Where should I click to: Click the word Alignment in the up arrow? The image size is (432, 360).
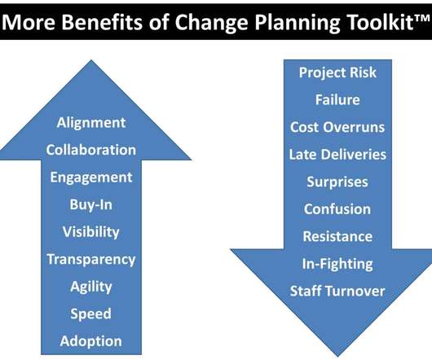pyautogui.click(x=91, y=123)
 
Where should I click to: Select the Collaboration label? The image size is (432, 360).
pyautogui.click(x=91, y=150)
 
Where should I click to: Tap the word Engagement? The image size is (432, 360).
pyautogui.click(x=91, y=178)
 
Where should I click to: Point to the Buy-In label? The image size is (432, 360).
pyautogui.click(x=91, y=205)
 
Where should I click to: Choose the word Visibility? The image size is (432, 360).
pyautogui.click(x=91, y=232)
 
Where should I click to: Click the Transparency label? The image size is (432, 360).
pyautogui.click(x=91, y=260)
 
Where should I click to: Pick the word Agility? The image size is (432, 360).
pyautogui.click(x=91, y=287)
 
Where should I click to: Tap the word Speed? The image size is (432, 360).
pyautogui.click(x=91, y=314)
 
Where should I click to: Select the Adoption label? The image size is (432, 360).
pyautogui.click(x=91, y=341)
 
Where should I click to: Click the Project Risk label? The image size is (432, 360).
pyautogui.click(x=337, y=73)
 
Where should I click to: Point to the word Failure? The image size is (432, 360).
pyautogui.click(x=337, y=99)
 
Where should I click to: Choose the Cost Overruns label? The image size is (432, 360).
pyautogui.click(x=337, y=127)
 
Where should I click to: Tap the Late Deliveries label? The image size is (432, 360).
pyautogui.click(x=337, y=155)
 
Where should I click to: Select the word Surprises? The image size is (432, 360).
pyautogui.click(x=337, y=182)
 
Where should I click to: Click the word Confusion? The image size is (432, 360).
pyautogui.click(x=337, y=209)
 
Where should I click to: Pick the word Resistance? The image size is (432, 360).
pyautogui.click(x=337, y=236)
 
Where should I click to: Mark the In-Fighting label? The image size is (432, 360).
pyautogui.click(x=337, y=264)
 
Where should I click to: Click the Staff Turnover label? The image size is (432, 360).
pyautogui.click(x=337, y=292)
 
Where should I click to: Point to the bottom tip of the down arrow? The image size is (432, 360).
pyautogui.click(x=337, y=357)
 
